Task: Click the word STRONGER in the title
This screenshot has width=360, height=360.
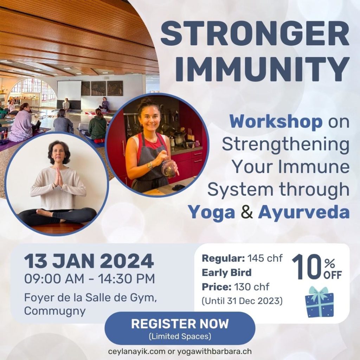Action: click(x=255, y=34)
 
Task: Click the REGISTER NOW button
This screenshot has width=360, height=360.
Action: click(x=180, y=328)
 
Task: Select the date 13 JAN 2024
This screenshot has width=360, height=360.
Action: click(x=89, y=261)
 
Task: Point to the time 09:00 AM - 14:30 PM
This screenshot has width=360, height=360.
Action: click(x=89, y=279)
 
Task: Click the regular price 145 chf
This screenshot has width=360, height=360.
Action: click(x=265, y=258)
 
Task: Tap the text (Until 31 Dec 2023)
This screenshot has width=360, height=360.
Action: click(x=242, y=301)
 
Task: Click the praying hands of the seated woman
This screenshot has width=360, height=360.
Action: click(x=59, y=177)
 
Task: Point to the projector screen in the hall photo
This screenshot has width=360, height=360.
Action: click(x=69, y=90)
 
